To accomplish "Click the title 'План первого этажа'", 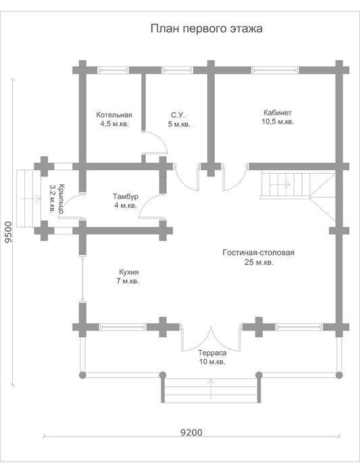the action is click(206, 28).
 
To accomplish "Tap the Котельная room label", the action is click(114, 115).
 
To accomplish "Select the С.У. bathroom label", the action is click(178, 115).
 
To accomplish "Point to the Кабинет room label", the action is click(278, 113).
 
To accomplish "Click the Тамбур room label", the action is click(126, 197).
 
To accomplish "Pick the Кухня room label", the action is click(129, 272).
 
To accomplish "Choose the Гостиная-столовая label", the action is click(259, 253).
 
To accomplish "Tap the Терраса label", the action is click(212, 353).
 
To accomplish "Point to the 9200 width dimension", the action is click(191, 432).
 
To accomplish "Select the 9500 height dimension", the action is click(9, 232).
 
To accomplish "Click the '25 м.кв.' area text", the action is click(259, 262).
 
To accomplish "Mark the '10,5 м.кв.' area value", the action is click(278, 122).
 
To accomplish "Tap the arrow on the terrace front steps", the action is click(211, 389).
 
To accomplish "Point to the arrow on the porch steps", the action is click(30, 199).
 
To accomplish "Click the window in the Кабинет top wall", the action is click(276, 70).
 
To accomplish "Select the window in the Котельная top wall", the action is click(113, 70).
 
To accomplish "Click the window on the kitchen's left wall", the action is click(82, 278).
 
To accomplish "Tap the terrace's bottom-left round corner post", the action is click(82, 375).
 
